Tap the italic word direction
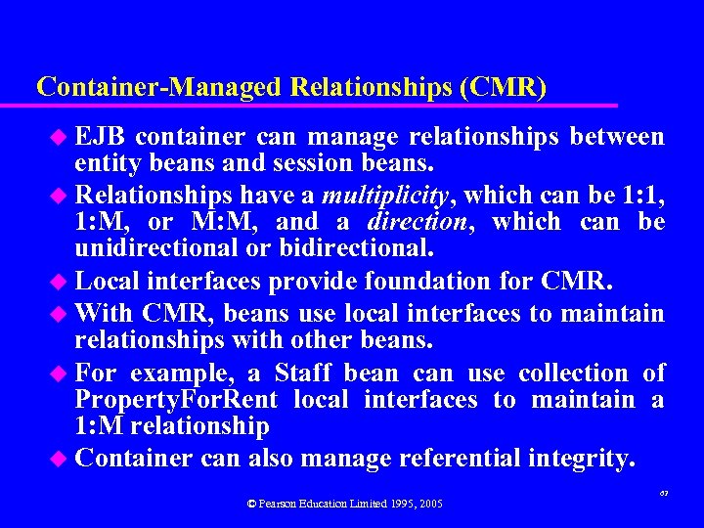coord(426,222)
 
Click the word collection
coord(574,373)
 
